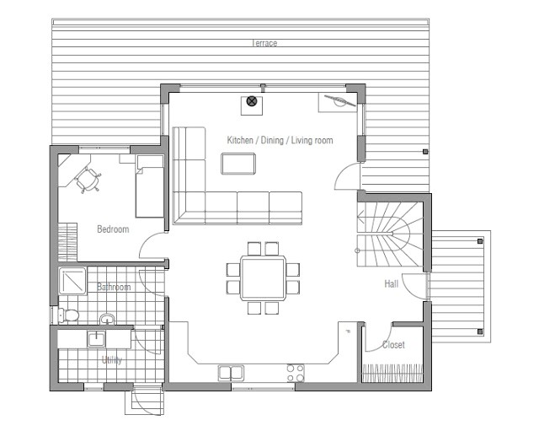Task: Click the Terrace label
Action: tap(264, 43)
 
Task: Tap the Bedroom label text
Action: tap(113, 229)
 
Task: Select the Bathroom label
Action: tap(114, 287)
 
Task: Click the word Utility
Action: tap(112, 360)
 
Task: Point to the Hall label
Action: tap(391, 283)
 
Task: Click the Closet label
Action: tap(393, 345)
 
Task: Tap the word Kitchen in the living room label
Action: tap(240, 140)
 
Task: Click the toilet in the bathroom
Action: tap(69, 315)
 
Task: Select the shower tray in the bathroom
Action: tap(72, 281)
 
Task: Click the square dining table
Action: tap(264, 278)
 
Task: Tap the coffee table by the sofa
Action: tap(238, 164)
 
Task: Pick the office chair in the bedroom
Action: tap(88, 180)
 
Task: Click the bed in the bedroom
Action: tap(150, 186)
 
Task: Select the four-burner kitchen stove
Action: tap(296, 373)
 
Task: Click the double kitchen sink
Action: tap(231, 373)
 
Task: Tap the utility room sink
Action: tap(96, 339)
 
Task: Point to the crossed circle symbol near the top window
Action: tap(252, 101)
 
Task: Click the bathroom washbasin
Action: tap(107, 319)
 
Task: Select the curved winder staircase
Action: tap(389, 234)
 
